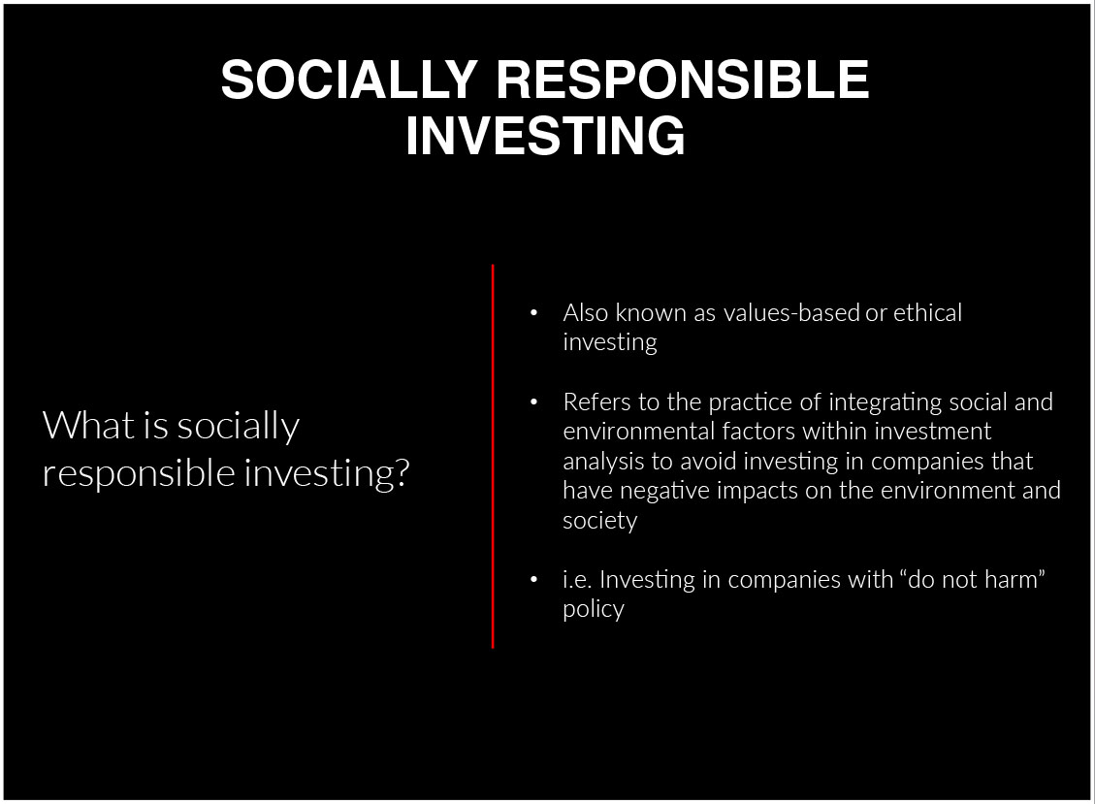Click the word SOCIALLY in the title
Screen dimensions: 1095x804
349,79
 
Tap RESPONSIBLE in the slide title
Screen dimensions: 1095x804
683,79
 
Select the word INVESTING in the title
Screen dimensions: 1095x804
545,136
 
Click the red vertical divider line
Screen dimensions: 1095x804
493,456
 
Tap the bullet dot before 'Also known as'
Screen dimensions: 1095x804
534,313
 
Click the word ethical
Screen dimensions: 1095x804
927,312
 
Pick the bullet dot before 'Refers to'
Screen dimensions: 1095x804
534,402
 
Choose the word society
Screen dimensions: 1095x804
600,522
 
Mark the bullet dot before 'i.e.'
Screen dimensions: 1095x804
534,579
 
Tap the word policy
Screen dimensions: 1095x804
594,610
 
